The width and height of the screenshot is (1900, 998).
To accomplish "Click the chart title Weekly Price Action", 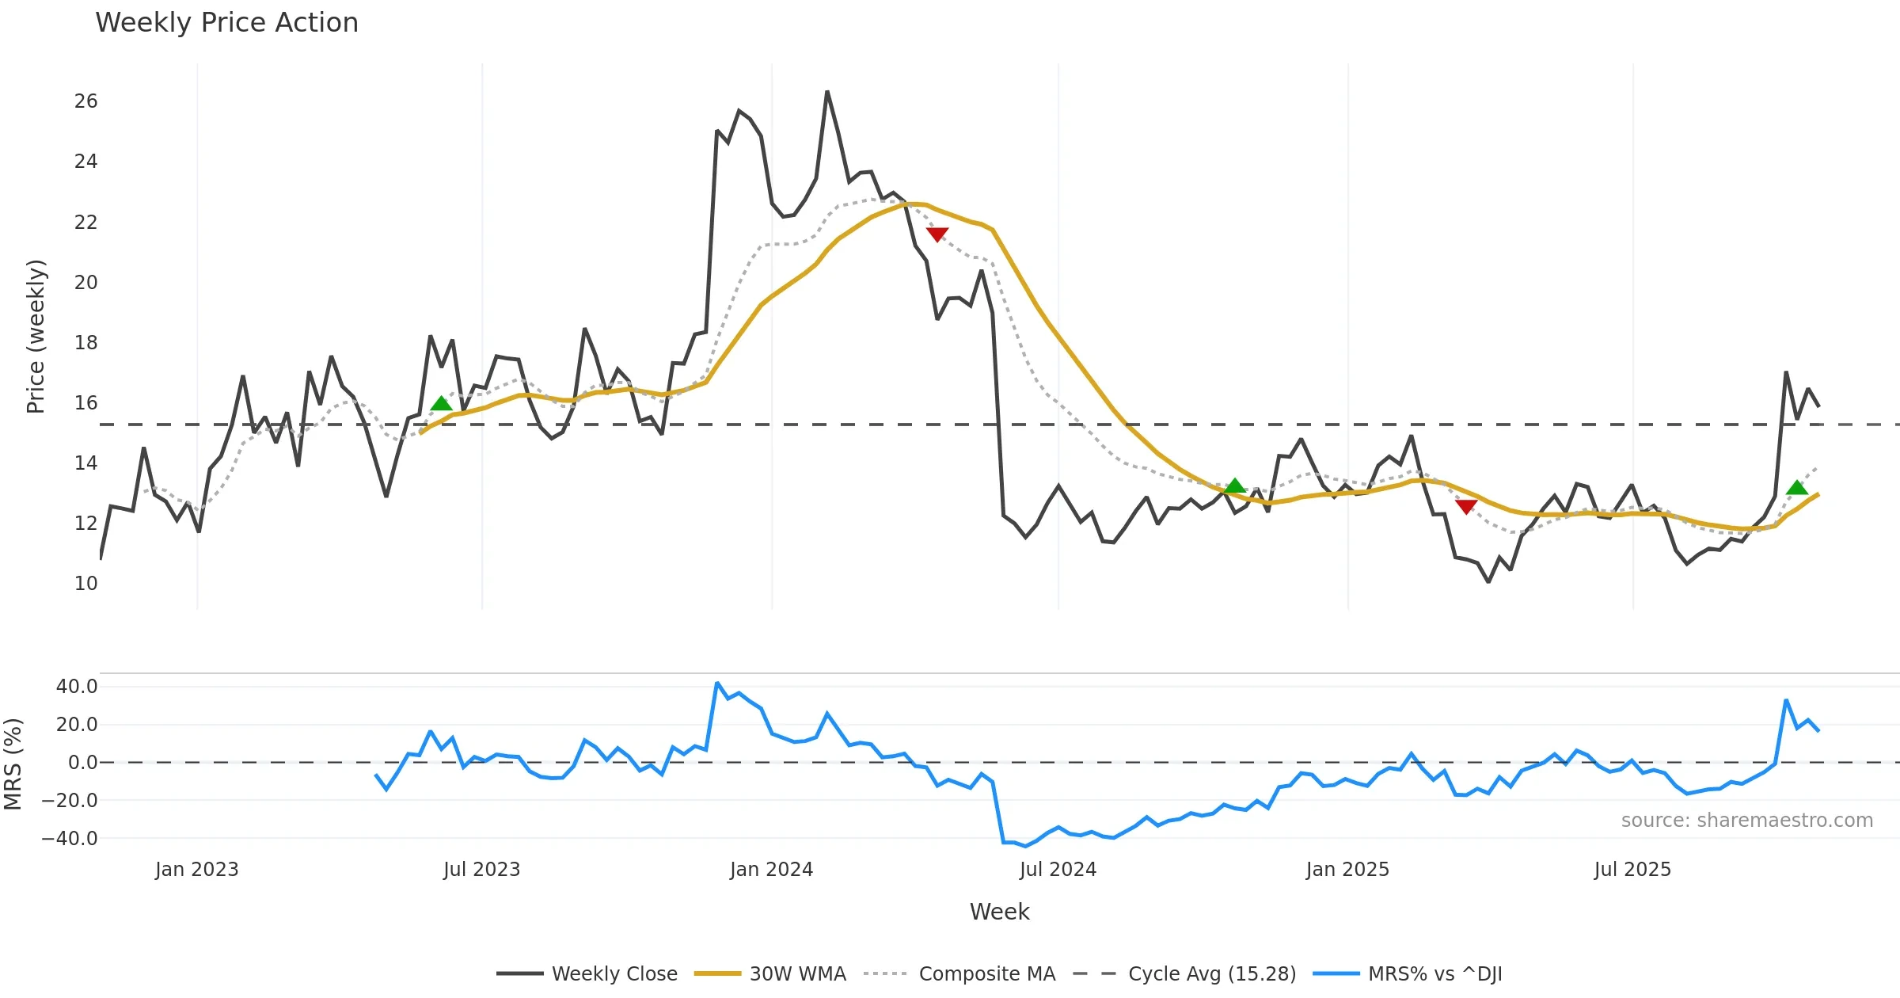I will (226, 23).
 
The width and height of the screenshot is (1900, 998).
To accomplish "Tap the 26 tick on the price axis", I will (85, 101).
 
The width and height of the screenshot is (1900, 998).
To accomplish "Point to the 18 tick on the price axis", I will (85, 343).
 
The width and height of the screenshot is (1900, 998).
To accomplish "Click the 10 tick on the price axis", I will (85, 584).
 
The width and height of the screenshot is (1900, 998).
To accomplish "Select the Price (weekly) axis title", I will (36, 337).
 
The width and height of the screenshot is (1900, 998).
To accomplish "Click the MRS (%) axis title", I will (13, 764).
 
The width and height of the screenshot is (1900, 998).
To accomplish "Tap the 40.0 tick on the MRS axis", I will (77, 687).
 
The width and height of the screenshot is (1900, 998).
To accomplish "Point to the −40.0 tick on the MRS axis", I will (70, 839).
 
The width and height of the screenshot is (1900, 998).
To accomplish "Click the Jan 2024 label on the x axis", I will (771, 870).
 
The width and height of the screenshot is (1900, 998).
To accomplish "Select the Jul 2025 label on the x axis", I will (1632, 870).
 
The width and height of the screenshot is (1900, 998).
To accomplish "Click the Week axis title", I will (999, 912).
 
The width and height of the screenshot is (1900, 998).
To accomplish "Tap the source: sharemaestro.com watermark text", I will (1746, 821).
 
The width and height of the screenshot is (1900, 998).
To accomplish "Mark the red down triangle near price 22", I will (937, 234).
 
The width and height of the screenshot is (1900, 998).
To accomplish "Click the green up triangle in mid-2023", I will (441, 403).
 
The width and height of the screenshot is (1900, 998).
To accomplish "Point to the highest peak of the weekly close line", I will (826, 92).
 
